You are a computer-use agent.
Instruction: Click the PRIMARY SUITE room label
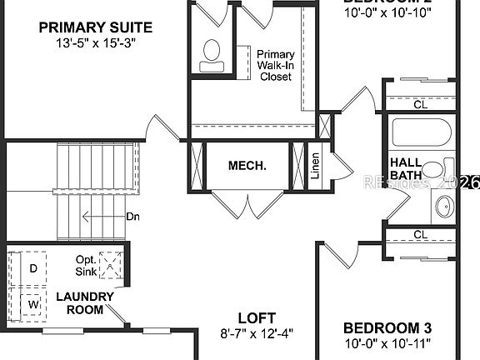(x=89, y=27)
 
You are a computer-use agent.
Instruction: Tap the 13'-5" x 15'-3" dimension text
(x=89, y=42)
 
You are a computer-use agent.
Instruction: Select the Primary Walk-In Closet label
(x=275, y=65)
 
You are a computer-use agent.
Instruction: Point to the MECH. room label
(x=247, y=166)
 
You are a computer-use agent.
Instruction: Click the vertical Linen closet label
(x=316, y=166)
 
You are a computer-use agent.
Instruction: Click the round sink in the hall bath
(x=444, y=207)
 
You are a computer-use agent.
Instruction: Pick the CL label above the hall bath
(x=420, y=105)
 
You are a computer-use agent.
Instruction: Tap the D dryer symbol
(x=32, y=268)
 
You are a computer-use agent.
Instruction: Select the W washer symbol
(x=32, y=303)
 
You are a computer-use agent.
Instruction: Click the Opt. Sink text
(x=86, y=266)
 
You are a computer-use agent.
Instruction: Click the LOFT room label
(x=256, y=317)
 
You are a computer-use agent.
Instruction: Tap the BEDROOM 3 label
(x=387, y=327)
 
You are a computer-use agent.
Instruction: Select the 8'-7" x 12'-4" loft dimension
(x=256, y=333)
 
